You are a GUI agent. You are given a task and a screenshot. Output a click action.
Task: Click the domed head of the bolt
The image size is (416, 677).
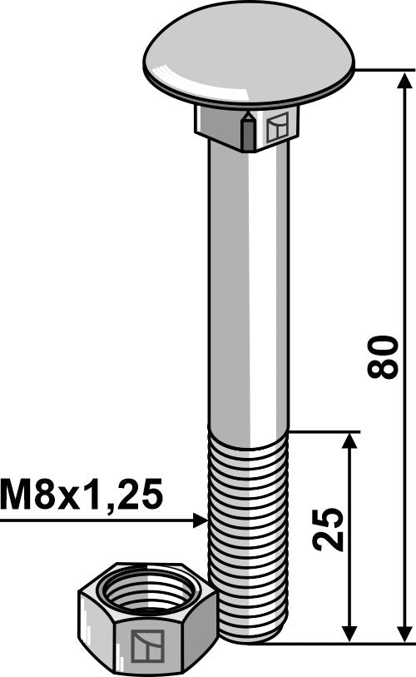248,54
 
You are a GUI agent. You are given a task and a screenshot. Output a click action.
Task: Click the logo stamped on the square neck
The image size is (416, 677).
277,127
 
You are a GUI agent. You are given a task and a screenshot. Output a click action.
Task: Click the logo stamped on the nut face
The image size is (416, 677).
146,645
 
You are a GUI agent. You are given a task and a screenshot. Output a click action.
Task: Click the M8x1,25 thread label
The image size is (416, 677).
82,495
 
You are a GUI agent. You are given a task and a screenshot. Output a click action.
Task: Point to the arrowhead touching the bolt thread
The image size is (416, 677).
201,520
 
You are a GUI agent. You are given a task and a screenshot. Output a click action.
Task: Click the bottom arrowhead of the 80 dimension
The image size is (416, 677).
405,633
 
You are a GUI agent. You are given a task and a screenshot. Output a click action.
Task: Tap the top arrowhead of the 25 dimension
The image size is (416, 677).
350,441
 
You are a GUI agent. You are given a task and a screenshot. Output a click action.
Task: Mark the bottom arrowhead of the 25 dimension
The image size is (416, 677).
350,633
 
